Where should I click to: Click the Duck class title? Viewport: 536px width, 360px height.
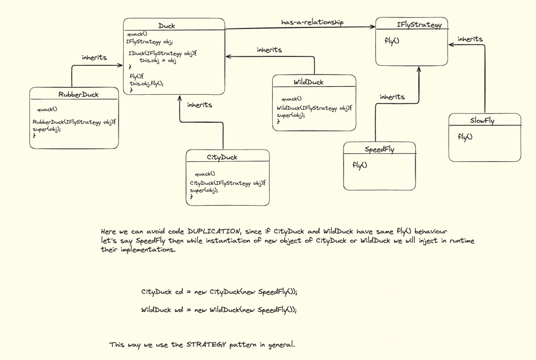167,26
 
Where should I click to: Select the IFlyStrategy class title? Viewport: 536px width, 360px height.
419,25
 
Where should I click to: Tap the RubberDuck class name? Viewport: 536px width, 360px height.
79,94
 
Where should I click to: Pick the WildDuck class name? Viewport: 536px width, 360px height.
309,82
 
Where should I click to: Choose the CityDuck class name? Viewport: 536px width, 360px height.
222,157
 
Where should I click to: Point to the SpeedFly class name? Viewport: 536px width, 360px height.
380,149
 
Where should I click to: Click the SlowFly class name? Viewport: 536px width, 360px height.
482,121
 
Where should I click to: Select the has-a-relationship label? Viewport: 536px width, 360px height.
312,22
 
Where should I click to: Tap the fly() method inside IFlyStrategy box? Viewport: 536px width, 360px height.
392,41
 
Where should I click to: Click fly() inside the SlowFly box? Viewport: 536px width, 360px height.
465,137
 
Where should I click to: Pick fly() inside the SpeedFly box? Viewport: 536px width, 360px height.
360,165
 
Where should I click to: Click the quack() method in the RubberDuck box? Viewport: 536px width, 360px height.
47,109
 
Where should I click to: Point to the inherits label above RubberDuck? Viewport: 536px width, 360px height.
94,57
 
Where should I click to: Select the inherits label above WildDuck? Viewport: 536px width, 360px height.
270,50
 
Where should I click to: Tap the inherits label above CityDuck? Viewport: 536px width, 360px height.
199,105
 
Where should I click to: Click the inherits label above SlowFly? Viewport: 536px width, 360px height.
470,39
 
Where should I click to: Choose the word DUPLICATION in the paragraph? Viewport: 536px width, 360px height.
214,231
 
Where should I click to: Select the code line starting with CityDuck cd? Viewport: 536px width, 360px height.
219,292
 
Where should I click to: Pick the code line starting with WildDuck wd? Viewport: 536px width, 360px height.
219,310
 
